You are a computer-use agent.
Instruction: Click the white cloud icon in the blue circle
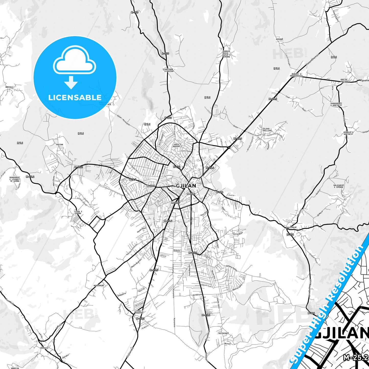pos(75,60)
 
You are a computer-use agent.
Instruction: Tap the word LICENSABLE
pos(75,97)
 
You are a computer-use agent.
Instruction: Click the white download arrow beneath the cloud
pos(71,82)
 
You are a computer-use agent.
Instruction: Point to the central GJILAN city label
pos(186,186)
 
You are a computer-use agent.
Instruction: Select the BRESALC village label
pos(9,87)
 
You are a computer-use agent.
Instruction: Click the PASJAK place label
pos(59,145)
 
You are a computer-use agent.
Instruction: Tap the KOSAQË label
pos(280,39)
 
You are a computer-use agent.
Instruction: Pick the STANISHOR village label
pos(168,70)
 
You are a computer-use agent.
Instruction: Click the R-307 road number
pos(135,12)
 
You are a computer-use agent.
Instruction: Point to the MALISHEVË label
pos(291,227)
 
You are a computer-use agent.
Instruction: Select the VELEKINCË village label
pos(223,334)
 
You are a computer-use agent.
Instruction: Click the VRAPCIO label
pos(15,368)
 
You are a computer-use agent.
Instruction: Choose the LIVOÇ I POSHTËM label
pos(139,312)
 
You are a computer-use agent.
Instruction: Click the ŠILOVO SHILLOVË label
pos(267,129)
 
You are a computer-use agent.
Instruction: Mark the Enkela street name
pos(177,251)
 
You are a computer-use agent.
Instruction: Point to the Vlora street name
pos(163,256)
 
